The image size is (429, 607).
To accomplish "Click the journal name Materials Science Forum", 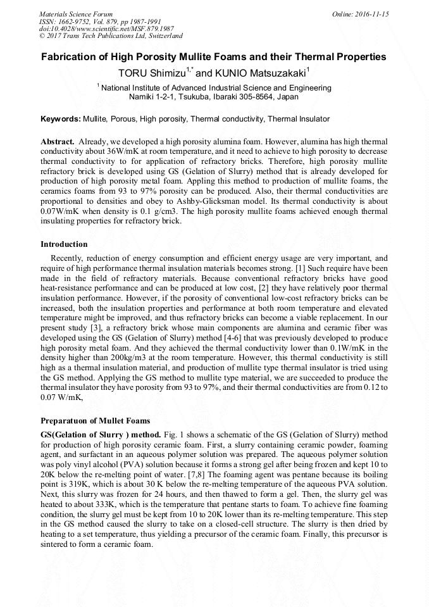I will click(76, 13).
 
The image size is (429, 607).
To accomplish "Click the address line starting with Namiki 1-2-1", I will click(213, 97).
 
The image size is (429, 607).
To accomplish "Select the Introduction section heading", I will click(64, 244).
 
